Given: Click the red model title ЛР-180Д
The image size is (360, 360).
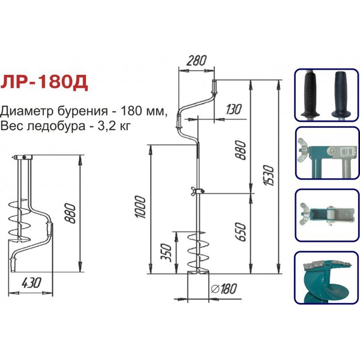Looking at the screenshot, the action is tap(44, 83).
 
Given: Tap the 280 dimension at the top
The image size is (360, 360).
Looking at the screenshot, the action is tap(196, 61).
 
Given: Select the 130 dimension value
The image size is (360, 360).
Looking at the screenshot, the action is tap(234, 109).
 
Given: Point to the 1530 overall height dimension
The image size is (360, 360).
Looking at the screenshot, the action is tap(269, 175).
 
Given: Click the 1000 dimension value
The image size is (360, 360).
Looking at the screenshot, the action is tap(140, 207).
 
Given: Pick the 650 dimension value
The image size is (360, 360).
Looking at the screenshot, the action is tap(241, 232).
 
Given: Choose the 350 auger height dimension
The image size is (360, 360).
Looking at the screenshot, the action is tap(166, 253).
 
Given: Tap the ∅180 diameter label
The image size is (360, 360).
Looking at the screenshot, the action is tap(224, 289).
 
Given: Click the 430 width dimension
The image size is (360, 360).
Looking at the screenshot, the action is tap(31, 283).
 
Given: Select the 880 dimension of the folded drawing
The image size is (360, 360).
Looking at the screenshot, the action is tap(70, 213).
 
